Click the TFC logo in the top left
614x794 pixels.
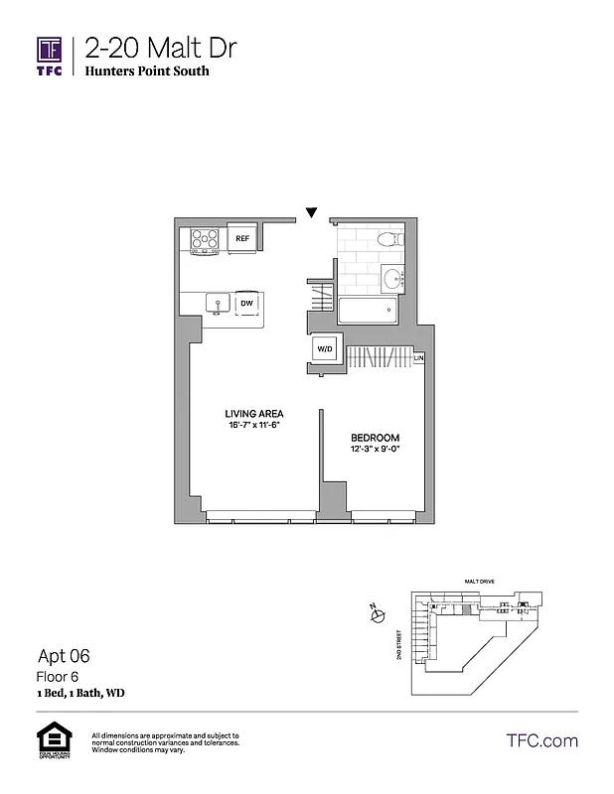pyautogui.click(x=50, y=56)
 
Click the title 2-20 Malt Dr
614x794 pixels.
pyautogui.click(x=160, y=48)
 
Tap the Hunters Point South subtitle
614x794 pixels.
pyautogui.click(x=146, y=71)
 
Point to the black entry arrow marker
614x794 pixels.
pyautogui.click(x=312, y=211)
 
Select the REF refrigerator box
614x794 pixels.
pyautogui.click(x=241, y=238)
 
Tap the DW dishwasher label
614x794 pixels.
pyautogui.click(x=245, y=303)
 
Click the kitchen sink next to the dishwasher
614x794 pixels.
pyautogui.click(x=216, y=303)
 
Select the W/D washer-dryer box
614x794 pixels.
pyautogui.click(x=325, y=349)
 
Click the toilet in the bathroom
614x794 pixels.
pyautogui.click(x=389, y=239)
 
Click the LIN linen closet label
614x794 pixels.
pyautogui.click(x=419, y=357)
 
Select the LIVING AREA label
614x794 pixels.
pyautogui.click(x=255, y=413)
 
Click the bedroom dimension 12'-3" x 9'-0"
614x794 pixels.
pyautogui.click(x=376, y=450)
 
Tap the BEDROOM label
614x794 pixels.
pyautogui.click(x=376, y=438)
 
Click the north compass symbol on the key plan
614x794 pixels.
pyautogui.click(x=377, y=616)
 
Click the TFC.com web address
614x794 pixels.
pyautogui.click(x=541, y=740)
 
